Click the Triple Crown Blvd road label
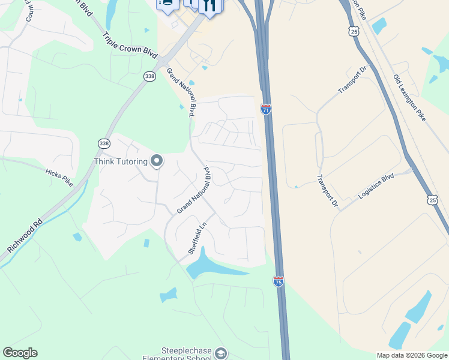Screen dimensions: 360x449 [x=130, y=44]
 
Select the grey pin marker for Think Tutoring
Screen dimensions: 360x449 [x=157, y=160]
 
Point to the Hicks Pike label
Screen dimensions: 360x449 [x=59, y=177]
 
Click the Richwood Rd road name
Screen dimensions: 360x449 [x=25, y=235]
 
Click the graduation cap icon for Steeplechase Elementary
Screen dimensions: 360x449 [x=221, y=353]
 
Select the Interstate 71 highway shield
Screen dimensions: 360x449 [x=266, y=109]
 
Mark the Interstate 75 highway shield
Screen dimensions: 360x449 [x=279, y=281]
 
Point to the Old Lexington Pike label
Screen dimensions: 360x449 [x=409, y=98]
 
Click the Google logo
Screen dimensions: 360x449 [x=20, y=353]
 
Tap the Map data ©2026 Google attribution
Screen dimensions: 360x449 [x=412, y=355]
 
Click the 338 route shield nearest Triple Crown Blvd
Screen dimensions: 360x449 [x=149, y=76]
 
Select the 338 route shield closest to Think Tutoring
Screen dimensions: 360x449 [x=104, y=143]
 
